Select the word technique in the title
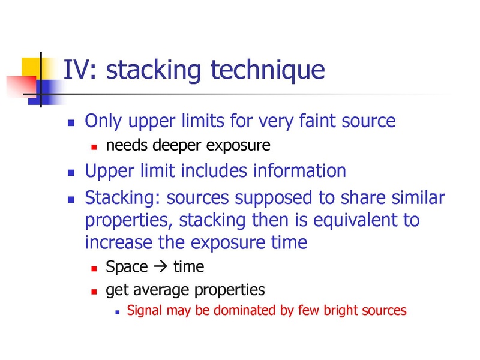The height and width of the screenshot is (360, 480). click(268, 71)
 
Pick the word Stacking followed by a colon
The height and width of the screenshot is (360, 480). click(122, 198)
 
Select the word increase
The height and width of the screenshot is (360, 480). click(118, 242)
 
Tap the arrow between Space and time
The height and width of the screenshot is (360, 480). click(161, 266)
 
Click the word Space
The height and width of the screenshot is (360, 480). click(127, 267)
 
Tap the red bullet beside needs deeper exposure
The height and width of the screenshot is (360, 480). click(94, 147)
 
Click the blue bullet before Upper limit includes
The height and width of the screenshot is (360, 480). click(71, 173)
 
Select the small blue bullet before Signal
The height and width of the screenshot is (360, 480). click(117, 313)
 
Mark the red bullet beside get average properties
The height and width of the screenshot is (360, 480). click(94, 292)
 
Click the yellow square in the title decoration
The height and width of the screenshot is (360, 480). click(31, 68)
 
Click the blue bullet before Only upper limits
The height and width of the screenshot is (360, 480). click(71, 123)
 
